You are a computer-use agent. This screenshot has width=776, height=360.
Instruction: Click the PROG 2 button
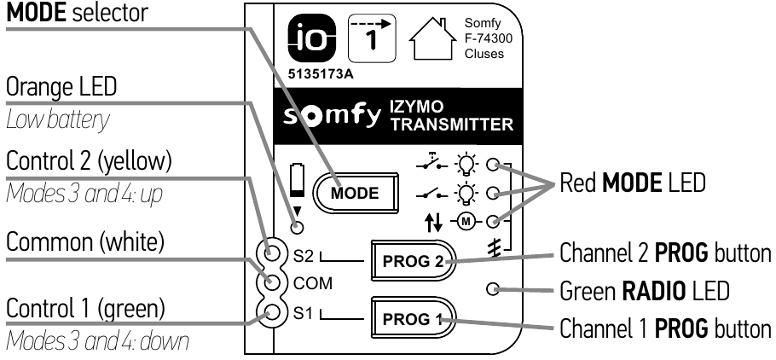pyautogui.click(x=412, y=259)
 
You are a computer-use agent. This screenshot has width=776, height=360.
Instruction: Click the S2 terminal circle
pyautogui.click(x=275, y=253)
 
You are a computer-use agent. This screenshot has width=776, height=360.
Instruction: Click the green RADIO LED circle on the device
pyautogui.click(x=494, y=289)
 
